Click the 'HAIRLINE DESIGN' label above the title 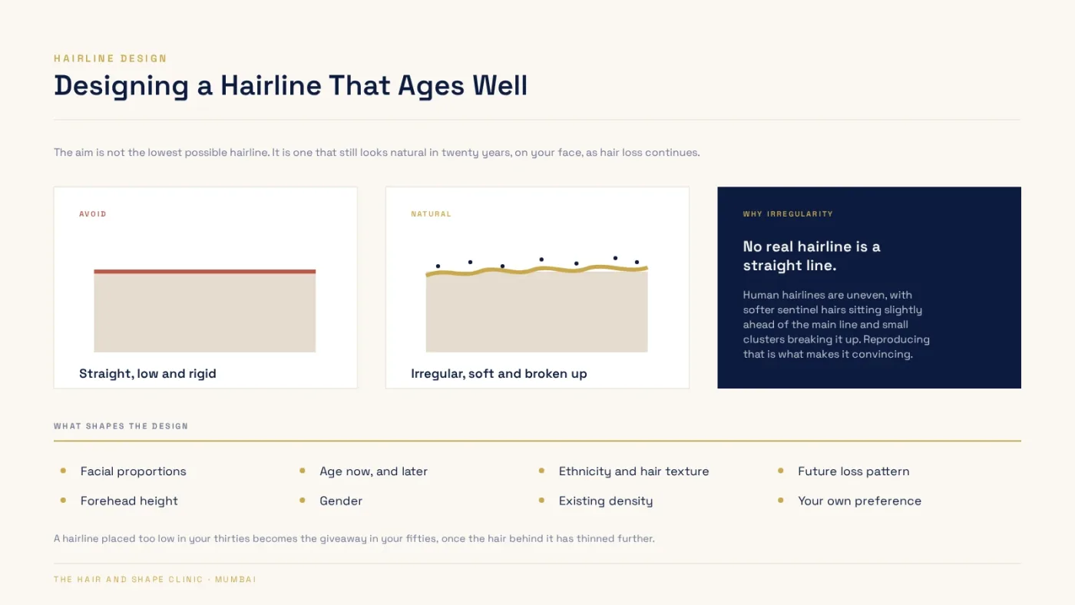pos(111,58)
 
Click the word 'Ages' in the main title pos(431,86)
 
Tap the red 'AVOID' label pos(93,214)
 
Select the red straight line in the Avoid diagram pos(205,272)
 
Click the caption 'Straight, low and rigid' pos(147,373)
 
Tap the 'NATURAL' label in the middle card pos(431,214)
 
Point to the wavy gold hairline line pos(537,270)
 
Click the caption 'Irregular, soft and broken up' pos(498,373)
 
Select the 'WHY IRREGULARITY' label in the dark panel pos(788,214)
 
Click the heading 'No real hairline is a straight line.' pos(812,256)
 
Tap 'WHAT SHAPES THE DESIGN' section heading pos(121,426)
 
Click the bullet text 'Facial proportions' pos(134,471)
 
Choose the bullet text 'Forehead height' pos(129,501)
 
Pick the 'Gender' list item pos(341,501)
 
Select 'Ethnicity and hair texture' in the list pos(633,471)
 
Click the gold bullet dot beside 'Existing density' pos(541,500)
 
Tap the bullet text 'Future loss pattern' pos(853,471)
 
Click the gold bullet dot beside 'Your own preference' pos(780,500)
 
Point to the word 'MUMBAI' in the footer pos(235,580)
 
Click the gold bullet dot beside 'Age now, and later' pos(303,471)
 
